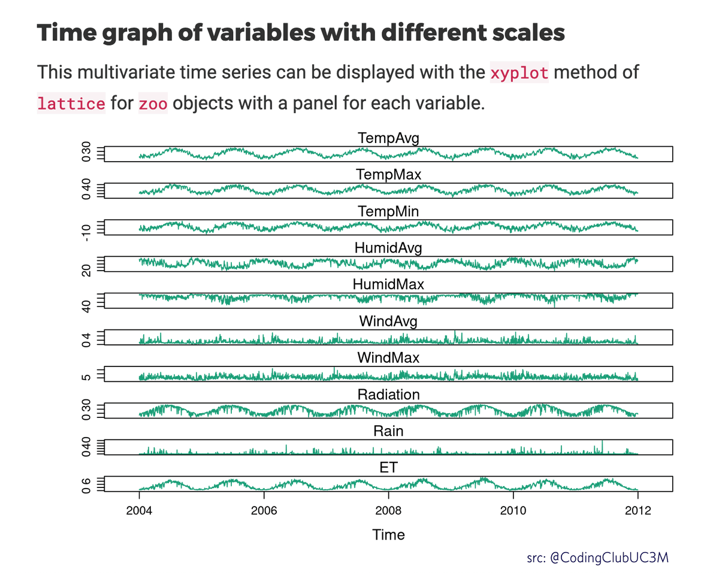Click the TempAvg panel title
tap(388, 138)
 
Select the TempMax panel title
tap(388, 175)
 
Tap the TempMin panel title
tap(388, 211)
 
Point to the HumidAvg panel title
tap(388, 248)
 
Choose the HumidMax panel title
tap(388, 284)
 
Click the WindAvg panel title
tap(388, 321)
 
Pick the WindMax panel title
tap(388, 358)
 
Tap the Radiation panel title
tap(388, 395)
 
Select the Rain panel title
tap(388, 431)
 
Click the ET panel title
tap(388, 468)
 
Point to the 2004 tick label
tap(139, 510)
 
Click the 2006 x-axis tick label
tap(264, 510)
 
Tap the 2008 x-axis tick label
tap(388, 510)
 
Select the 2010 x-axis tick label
tap(513, 510)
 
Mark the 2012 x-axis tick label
tap(638, 510)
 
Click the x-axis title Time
tap(388, 535)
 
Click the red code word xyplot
tap(519, 74)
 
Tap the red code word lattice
tap(71, 103)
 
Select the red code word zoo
tap(153, 103)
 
